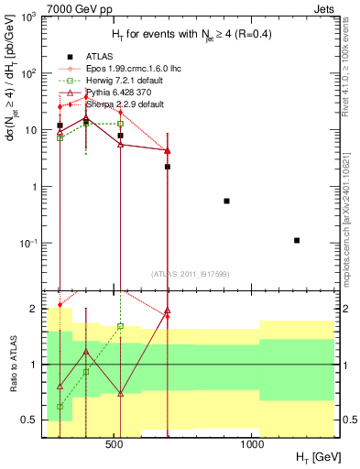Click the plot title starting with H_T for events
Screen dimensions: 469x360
[191, 35]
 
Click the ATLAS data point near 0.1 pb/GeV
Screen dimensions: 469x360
[297, 240]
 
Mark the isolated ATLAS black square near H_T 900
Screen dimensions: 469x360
[226, 201]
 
